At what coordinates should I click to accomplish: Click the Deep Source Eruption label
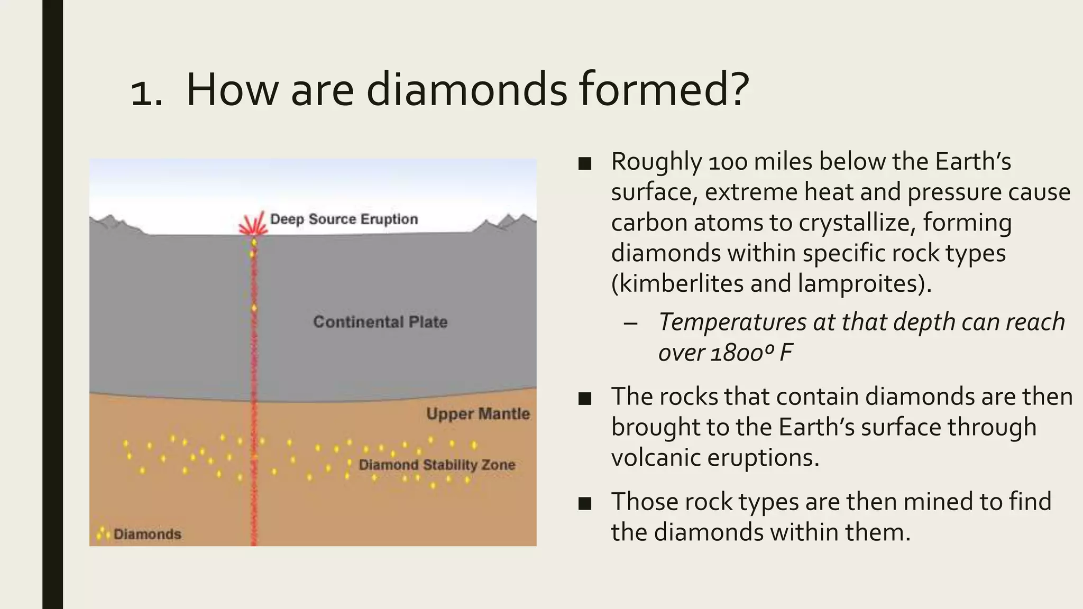[344, 219]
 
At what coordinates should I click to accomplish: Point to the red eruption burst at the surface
[253, 224]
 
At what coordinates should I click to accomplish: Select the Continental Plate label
[380, 322]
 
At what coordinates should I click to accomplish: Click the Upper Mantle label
[478, 413]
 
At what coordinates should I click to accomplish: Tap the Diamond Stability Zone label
[437, 465]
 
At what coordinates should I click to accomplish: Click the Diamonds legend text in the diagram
[148, 534]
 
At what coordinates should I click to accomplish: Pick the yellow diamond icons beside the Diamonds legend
[103, 533]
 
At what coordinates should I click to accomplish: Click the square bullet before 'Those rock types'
[585, 504]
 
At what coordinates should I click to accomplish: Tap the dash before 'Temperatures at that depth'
[630, 323]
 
